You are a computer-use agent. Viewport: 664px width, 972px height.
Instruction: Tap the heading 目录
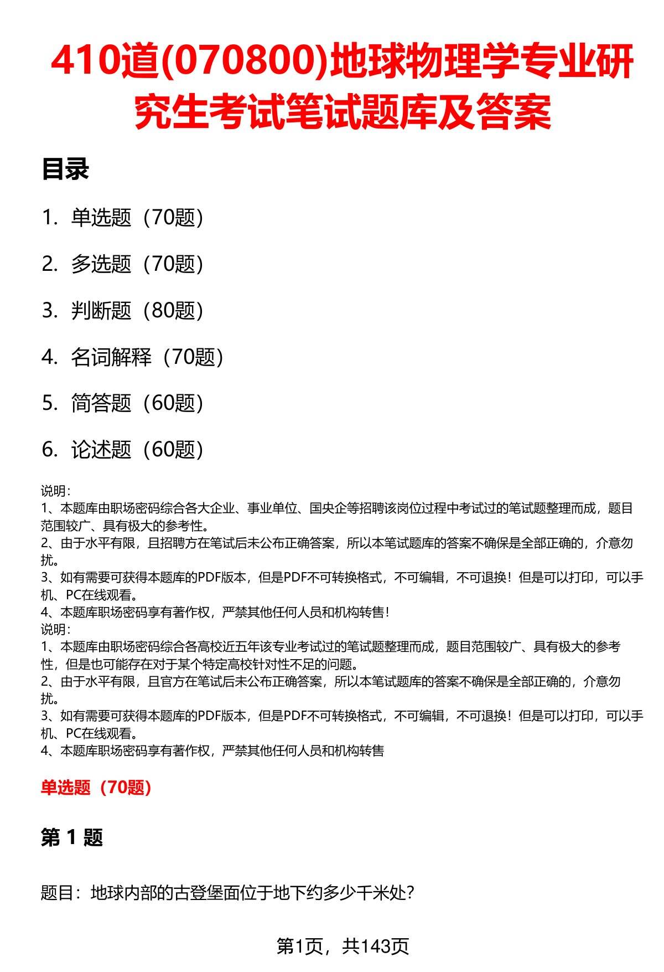point(65,169)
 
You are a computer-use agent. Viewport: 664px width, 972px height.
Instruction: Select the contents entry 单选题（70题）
point(137,218)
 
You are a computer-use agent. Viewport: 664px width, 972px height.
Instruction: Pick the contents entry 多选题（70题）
point(137,264)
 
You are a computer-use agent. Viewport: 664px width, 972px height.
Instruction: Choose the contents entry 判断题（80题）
point(137,311)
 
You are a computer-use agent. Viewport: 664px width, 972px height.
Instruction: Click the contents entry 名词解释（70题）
point(147,357)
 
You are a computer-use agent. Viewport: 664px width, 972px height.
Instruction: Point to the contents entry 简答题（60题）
point(137,403)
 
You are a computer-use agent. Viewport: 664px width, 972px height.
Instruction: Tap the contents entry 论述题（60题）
point(137,450)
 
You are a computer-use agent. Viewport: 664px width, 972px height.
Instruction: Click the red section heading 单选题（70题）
point(96,787)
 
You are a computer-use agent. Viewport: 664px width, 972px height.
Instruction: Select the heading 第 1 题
point(72,837)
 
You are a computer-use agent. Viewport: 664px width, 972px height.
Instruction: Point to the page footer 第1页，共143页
point(343,946)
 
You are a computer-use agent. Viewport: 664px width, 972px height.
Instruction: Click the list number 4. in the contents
point(50,358)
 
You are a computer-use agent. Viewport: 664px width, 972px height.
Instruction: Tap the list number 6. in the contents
point(50,450)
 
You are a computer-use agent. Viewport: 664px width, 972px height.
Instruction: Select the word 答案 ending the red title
point(515,112)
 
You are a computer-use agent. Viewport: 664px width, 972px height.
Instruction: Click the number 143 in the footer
point(376,946)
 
